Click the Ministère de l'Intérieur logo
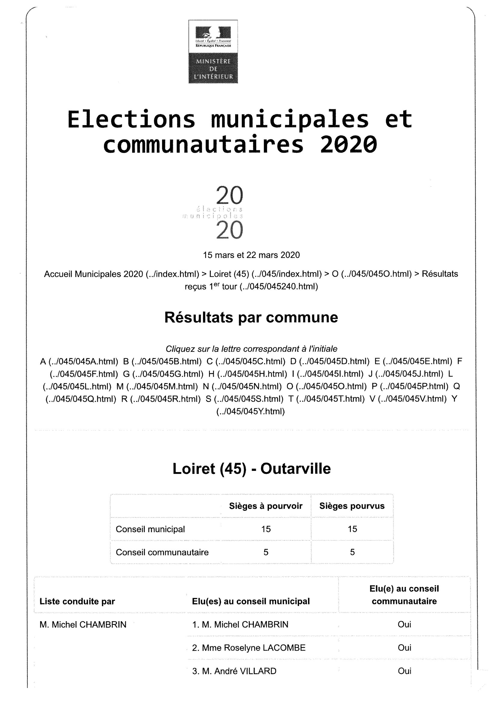213,51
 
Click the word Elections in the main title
131,119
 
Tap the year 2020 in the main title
348,145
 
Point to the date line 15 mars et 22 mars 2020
251,255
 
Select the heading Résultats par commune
251,318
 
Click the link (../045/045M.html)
162,386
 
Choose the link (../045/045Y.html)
251,412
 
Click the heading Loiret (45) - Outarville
251,469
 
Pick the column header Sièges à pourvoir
266,506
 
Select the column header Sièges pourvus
352,506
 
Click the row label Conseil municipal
150,529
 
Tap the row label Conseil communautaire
162,552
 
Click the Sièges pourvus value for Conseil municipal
352,529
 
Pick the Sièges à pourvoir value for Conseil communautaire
266,552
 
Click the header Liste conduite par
77,601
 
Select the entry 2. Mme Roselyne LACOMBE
249,648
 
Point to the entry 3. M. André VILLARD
234,671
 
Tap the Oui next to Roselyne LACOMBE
404,648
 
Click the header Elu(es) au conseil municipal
251,601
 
